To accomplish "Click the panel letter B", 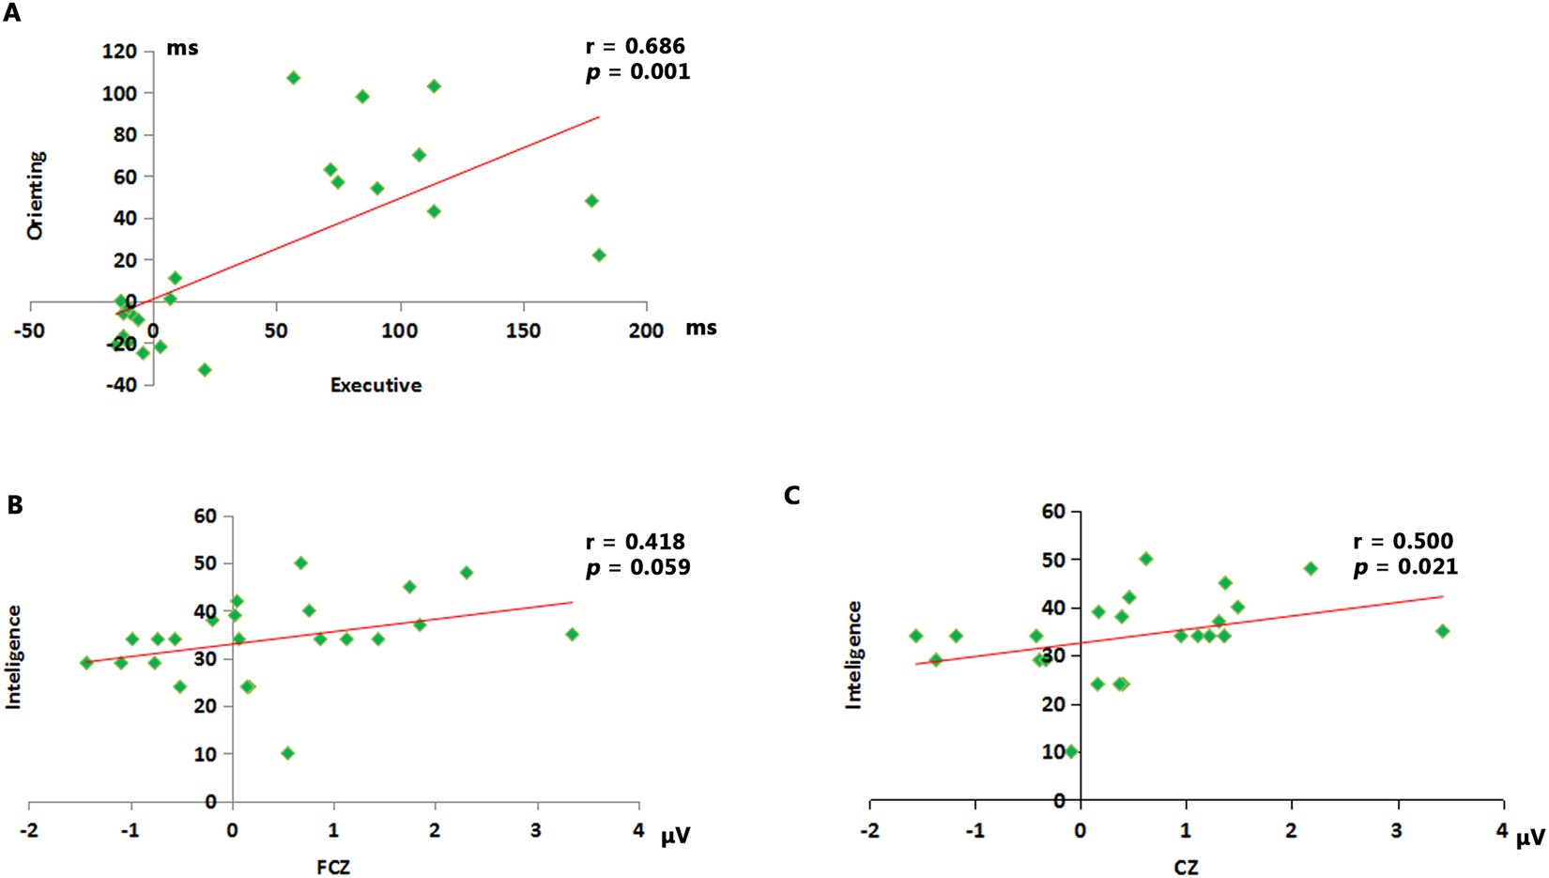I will point(14,504).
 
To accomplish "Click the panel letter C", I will point(791,495).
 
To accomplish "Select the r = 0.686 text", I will point(636,46).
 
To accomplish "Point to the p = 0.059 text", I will point(637,567).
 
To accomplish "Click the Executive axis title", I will point(376,385).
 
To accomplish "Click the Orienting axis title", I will point(36,195).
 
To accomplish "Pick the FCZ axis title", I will point(333,867).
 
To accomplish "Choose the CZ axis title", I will point(1186,867).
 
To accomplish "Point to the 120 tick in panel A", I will point(119,52).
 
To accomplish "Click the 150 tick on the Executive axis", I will point(523,331).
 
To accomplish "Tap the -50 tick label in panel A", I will point(31,331).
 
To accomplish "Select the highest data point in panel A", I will point(293,78).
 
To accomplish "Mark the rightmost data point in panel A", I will point(599,255).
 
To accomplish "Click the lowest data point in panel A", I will point(205,370).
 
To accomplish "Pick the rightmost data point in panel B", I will point(572,635).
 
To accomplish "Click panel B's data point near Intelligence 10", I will point(287,753).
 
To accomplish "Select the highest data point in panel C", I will point(1145,559).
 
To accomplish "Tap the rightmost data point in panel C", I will point(1443,631).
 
